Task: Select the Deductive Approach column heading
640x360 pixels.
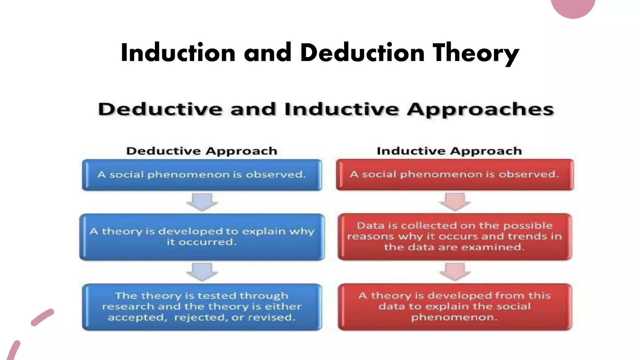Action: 202,151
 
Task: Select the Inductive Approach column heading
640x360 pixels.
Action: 449,151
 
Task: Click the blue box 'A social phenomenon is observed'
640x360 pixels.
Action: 202,175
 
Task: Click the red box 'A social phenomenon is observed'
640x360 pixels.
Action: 455,174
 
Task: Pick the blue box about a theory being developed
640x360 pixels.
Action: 202,237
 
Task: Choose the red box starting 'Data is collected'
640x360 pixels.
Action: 455,236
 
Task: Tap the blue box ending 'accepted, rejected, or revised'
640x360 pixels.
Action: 202,307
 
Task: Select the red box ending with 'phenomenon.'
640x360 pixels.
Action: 455,307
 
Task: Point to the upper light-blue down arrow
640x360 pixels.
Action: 202,202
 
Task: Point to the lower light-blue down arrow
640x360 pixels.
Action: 202,272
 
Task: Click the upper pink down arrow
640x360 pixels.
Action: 455,202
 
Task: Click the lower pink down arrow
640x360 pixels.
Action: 455,272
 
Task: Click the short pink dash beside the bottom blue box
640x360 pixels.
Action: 42,317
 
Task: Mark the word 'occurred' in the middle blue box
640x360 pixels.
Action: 207,242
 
